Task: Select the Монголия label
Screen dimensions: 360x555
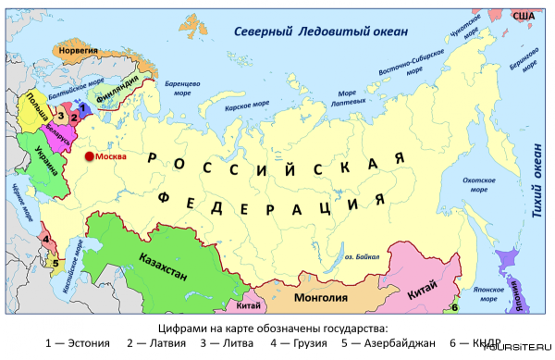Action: point(320,298)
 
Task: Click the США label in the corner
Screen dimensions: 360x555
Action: point(524,16)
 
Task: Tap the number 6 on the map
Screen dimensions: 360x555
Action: point(454,306)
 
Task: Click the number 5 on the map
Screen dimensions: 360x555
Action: point(55,263)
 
